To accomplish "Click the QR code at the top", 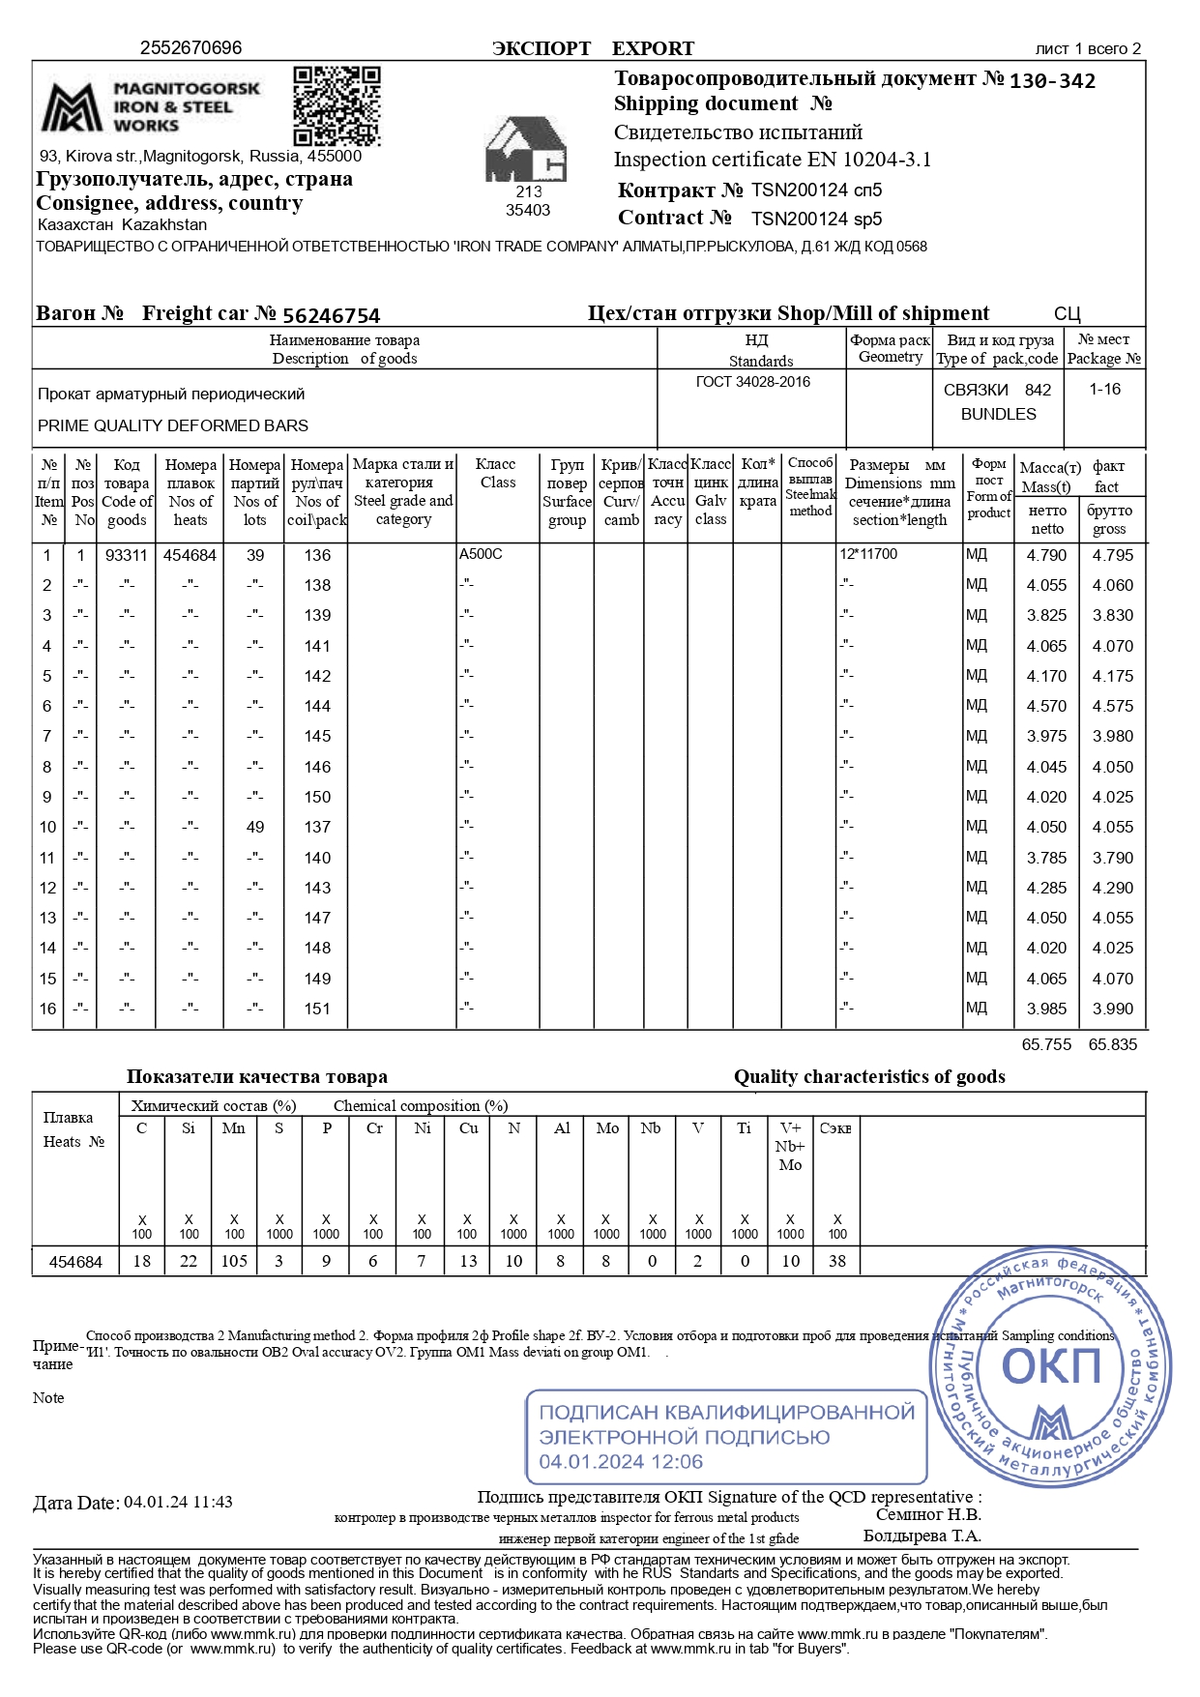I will coord(337,105).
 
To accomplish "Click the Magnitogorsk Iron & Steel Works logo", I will coord(151,106).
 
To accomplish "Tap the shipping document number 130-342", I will coord(1052,81).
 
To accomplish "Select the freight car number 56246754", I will coord(331,315).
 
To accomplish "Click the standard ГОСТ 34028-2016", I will coord(752,382).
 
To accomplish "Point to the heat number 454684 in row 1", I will coord(190,555).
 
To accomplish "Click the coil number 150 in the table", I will coord(317,797).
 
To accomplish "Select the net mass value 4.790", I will coord(1046,555).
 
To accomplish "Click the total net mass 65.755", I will coord(1046,1044).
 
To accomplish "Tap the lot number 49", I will coord(254,827).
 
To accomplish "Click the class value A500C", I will coord(481,554).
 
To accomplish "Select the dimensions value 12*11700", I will coord(868,554).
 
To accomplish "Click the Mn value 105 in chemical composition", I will coord(234,1261).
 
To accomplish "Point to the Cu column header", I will coord(468,1128).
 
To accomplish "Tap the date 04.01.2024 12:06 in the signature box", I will coord(621,1461).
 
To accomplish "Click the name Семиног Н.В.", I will coord(927,1514).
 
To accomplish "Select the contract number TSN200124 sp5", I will coord(816,219).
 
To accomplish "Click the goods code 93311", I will coord(127,555).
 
